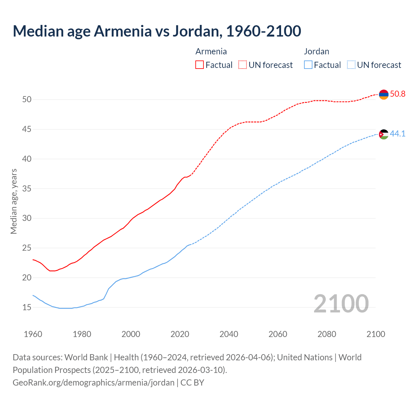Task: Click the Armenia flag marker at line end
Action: coord(384,94)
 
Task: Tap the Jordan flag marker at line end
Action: coord(384,134)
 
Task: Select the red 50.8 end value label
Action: coord(398,94)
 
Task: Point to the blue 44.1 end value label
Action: coord(398,134)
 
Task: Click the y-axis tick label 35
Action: coord(27,189)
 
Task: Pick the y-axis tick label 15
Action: coord(27,307)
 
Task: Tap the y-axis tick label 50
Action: coord(27,100)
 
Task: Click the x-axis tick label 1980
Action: coord(82,334)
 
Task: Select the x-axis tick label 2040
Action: coord(229,334)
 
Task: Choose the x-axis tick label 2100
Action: coord(376,334)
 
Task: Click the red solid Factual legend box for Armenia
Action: coord(200,65)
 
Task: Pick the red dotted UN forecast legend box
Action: coord(243,65)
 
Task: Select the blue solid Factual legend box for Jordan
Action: coord(308,65)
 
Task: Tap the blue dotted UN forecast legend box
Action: coord(351,65)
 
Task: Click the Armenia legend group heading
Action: coord(211,51)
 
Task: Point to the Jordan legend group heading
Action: coord(316,51)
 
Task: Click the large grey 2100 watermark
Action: coord(341,303)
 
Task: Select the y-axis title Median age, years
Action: coord(14,201)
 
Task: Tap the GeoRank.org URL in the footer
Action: coord(93,383)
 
